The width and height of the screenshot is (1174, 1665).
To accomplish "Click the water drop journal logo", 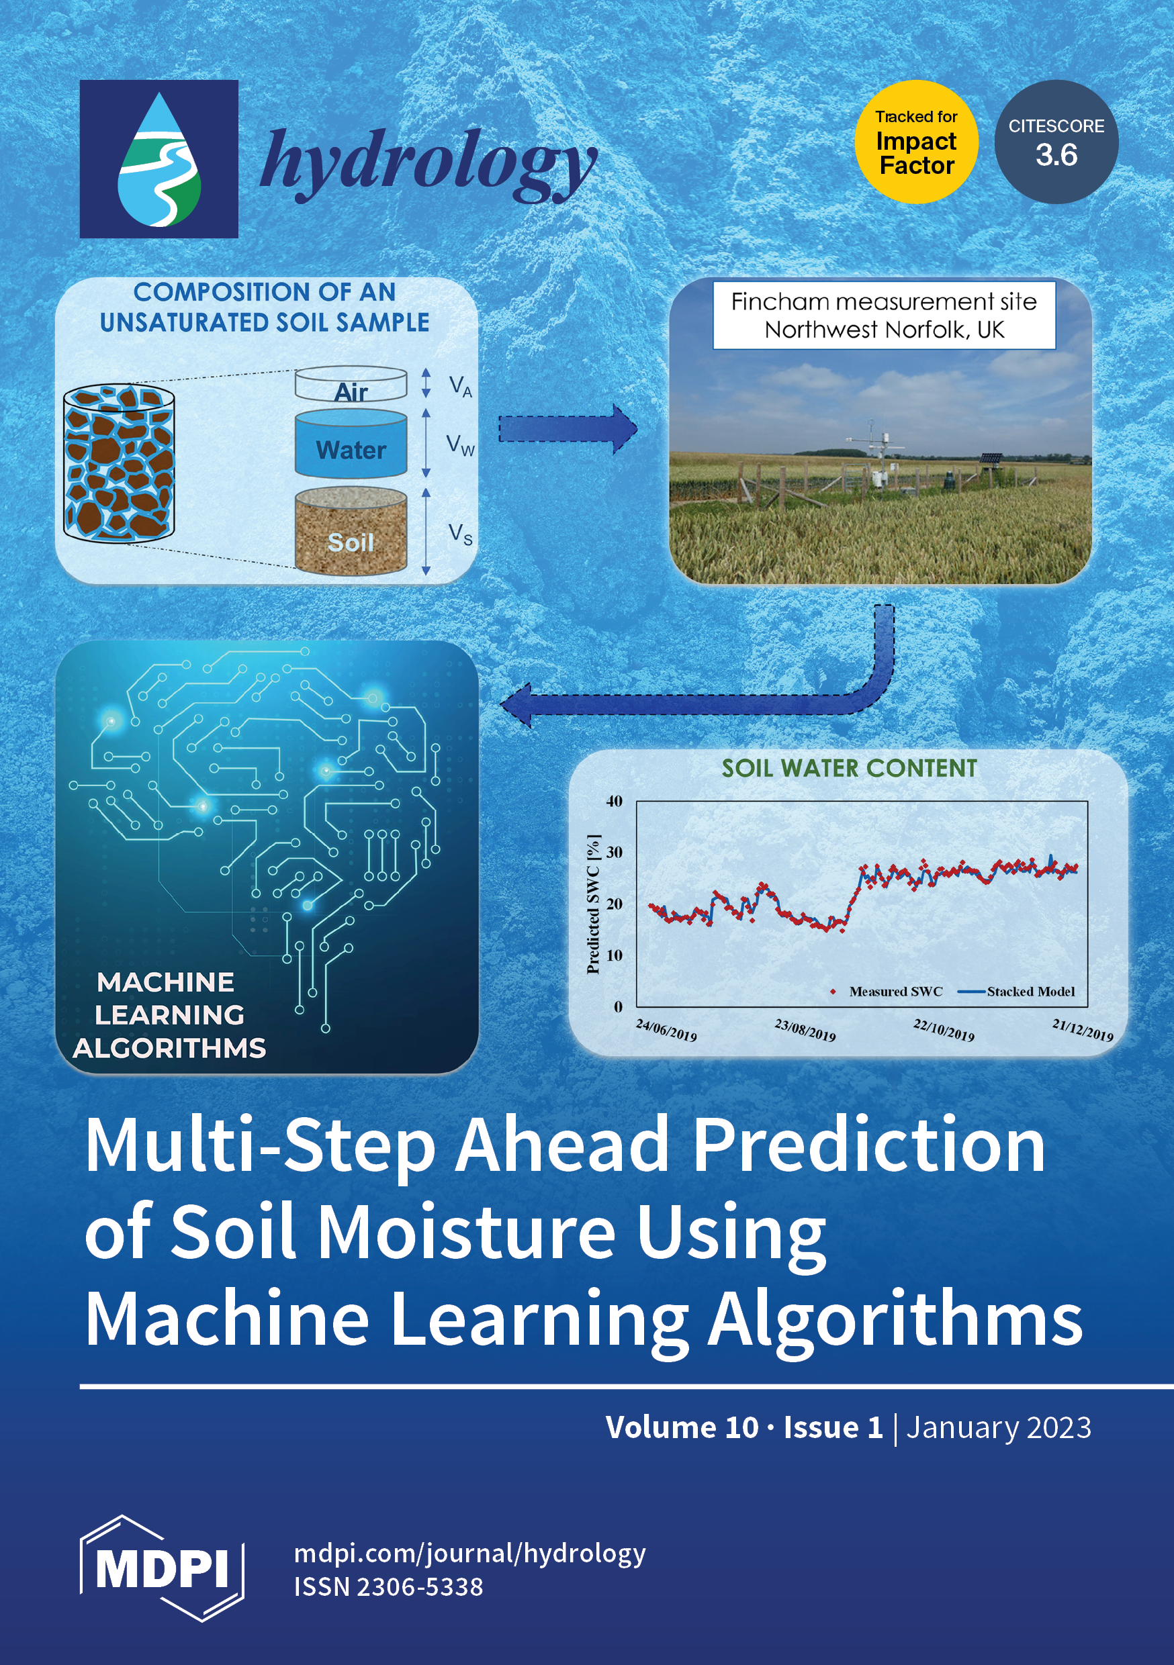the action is [x=159, y=159].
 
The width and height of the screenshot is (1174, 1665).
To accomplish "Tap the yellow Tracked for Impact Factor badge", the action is [x=915, y=142].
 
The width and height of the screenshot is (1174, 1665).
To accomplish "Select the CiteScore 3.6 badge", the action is [x=1056, y=142].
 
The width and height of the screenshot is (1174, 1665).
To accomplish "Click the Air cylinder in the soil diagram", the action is [x=351, y=384].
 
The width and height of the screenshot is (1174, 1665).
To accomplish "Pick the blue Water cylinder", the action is [x=351, y=443].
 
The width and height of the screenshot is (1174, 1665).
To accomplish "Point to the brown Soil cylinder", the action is [x=351, y=532].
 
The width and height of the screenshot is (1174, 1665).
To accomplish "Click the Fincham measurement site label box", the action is [x=884, y=316].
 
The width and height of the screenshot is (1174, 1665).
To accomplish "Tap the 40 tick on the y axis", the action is [x=614, y=802].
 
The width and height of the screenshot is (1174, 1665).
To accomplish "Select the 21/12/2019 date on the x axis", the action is [x=1083, y=1030].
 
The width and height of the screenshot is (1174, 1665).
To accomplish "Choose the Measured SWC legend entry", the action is [x=887, y=992].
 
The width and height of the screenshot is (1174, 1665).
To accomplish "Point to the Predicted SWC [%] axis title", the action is [x=594, y=904].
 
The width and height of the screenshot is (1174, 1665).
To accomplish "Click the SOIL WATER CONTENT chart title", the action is [x=849, y=769].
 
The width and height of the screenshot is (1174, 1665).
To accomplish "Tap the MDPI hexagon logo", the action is [x=162, y=1568].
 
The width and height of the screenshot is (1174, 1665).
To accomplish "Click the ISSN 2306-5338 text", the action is [x=388, y=1586].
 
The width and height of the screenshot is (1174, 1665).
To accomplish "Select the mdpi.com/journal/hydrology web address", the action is [x=469, y=1554].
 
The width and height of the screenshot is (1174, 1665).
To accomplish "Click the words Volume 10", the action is [x=682, y=1427].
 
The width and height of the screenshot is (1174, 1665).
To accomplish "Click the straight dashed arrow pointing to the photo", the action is [x=568, y=429].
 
